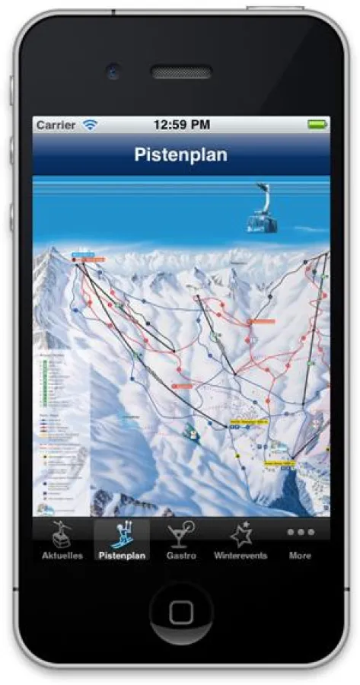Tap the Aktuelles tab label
click(x=62, y=556)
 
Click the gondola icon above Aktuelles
click(x=62, y=534)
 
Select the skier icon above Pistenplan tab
click(x=121, y=534)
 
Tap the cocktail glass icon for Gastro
click(x=181, y=534)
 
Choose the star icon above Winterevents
click(x=241, y=534)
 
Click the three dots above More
click(x=300, y=532)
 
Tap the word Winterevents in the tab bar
click(x=241, y=556)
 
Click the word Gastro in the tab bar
click(x=181, y=556)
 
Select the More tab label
click(x=300, y=556)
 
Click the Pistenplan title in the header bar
click(x=181, y=155)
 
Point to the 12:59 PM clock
click(x=181, y=124)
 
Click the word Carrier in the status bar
click(x=56, y=124)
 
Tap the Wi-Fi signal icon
click(x=91, y=124)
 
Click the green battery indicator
click(x=317, y=124)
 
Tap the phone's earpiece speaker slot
click(x=181, y=73)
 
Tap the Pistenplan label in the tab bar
click(x=121, y=556)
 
